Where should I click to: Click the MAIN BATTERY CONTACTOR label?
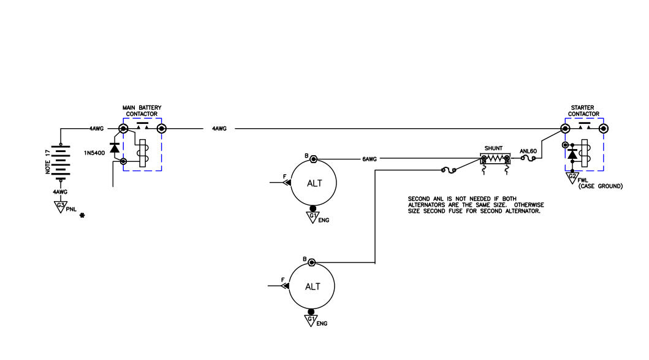(143, 111)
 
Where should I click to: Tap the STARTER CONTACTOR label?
(583, 111)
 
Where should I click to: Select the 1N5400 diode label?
(95, 149)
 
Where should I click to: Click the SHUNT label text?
(493, 148)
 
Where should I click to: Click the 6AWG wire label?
(369, 159)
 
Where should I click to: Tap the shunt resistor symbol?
(495, 159)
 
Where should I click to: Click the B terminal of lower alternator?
(312, 262)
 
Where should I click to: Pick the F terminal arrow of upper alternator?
(286, 182)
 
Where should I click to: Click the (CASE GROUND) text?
(600, 186)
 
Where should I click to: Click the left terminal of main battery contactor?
(123, 129)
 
